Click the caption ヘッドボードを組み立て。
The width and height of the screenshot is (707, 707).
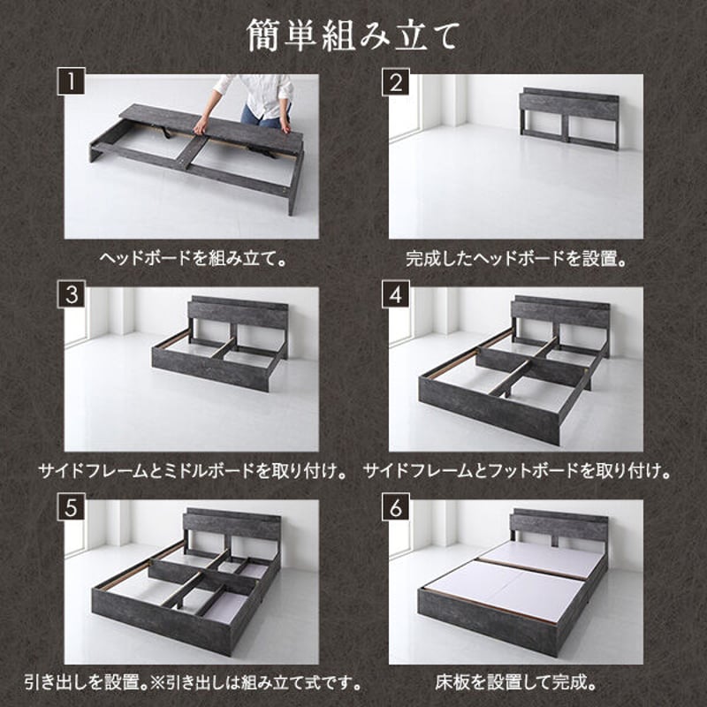click(194, 260)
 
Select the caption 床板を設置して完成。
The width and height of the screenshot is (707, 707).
click(516, 683)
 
